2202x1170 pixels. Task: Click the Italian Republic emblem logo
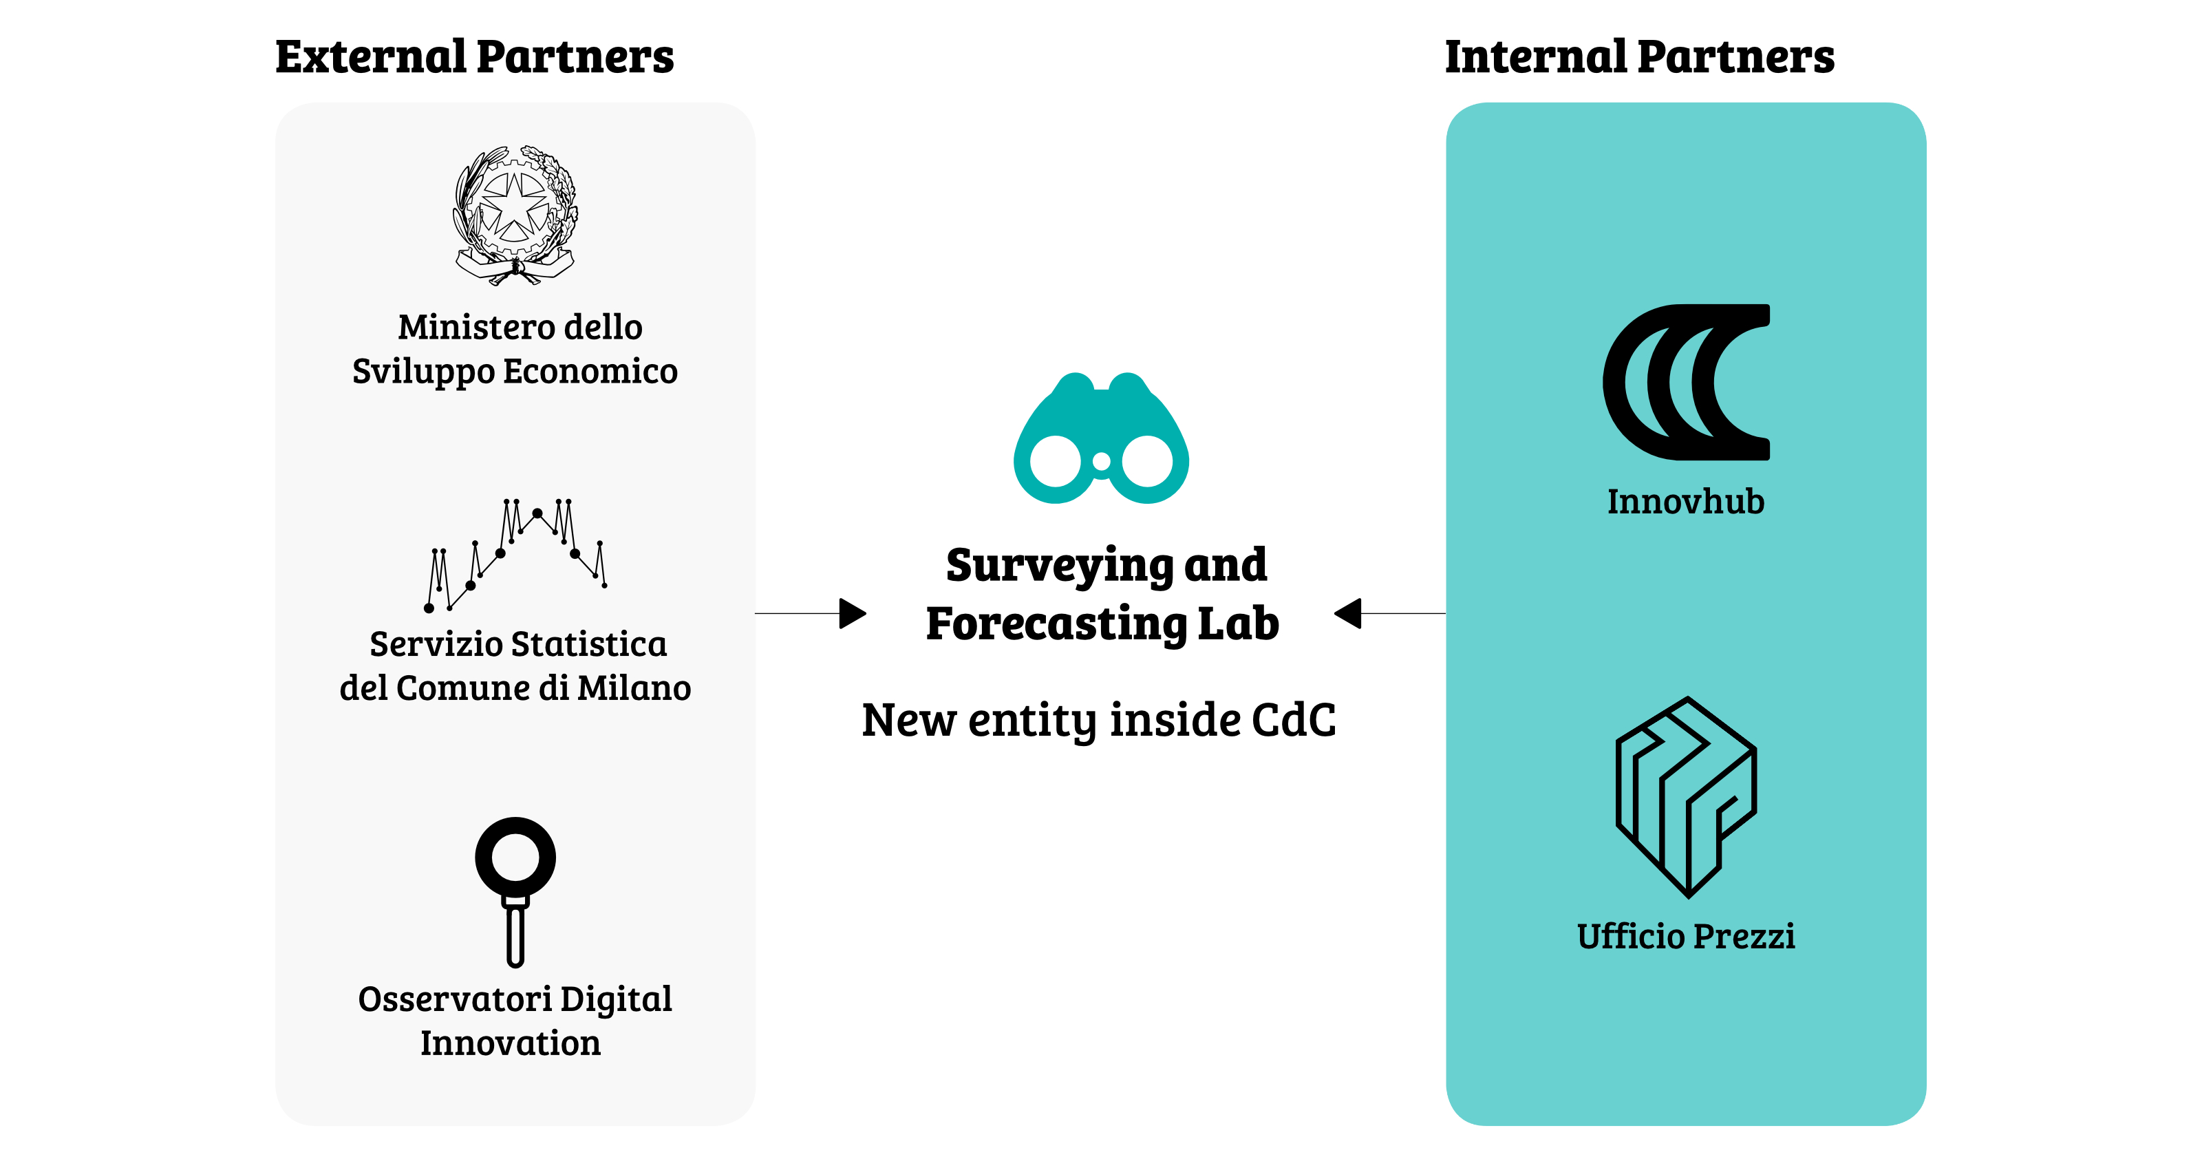(x=515, y=214)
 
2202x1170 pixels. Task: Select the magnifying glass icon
(x=515, y=889)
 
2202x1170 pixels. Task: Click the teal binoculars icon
(x=1101, y=440)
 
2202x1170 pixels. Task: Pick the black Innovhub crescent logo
(x=1686, y=382)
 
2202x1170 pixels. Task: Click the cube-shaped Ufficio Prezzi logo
(x=1686, y=797)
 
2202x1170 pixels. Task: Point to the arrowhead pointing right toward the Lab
(x=853, y=613)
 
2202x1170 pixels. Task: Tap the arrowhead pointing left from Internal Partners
(x=1349, y=613)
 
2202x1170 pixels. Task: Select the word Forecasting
(x=1056, y=624)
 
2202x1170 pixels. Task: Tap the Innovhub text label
(x=1686, y=502)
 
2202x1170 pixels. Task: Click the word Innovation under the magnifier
(x=511, y=1044)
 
